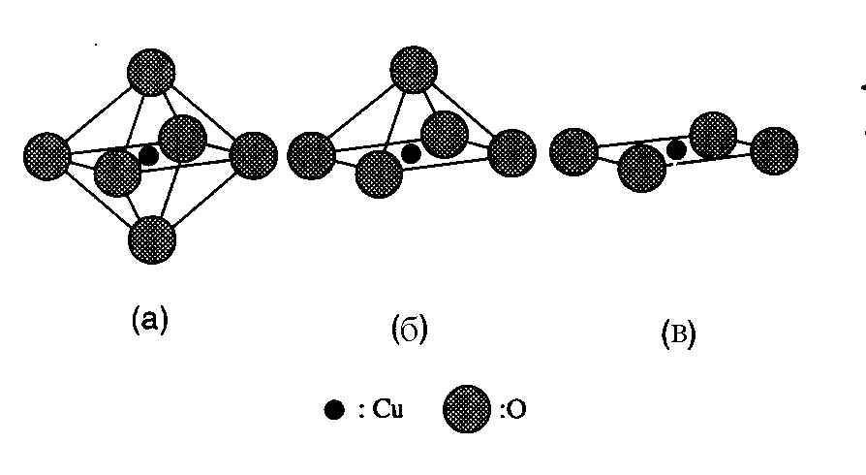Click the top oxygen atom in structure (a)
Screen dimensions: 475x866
pyautogui.click(x=151, y=73)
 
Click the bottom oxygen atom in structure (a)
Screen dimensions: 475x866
pyautogui.click(x=151, y=239)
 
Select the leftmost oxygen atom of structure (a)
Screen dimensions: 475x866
pyautogui.click(x=46, y=155)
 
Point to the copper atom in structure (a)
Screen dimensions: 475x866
pyautogui.click(x=148, y=155)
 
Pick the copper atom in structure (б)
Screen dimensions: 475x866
pyautogui.click(x=411, y=153)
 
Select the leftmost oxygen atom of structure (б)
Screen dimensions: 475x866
pyautogui.click(x=311, y=155)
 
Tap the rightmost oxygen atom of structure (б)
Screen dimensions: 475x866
pyautogui.click(x=512, y=153)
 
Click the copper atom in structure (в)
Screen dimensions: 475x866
pyautogui.click(x=677, y=149)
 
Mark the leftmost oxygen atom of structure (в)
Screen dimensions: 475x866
pyautogui.click(x=573, y=152)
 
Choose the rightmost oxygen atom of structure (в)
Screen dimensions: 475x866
pyautogui.click(x=774, y=150)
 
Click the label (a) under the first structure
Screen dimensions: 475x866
pyautogui.click(x=149, y=321)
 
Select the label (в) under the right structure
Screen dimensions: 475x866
pyautogui.click(x=676, y=335)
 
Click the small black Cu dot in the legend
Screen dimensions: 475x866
pyautogui.click(x=334, y=411)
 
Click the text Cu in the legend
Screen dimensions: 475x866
pyautogui.click(x=386, y=411)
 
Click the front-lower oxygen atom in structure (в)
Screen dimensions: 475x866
pyautogui.click(x=641, y=169)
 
